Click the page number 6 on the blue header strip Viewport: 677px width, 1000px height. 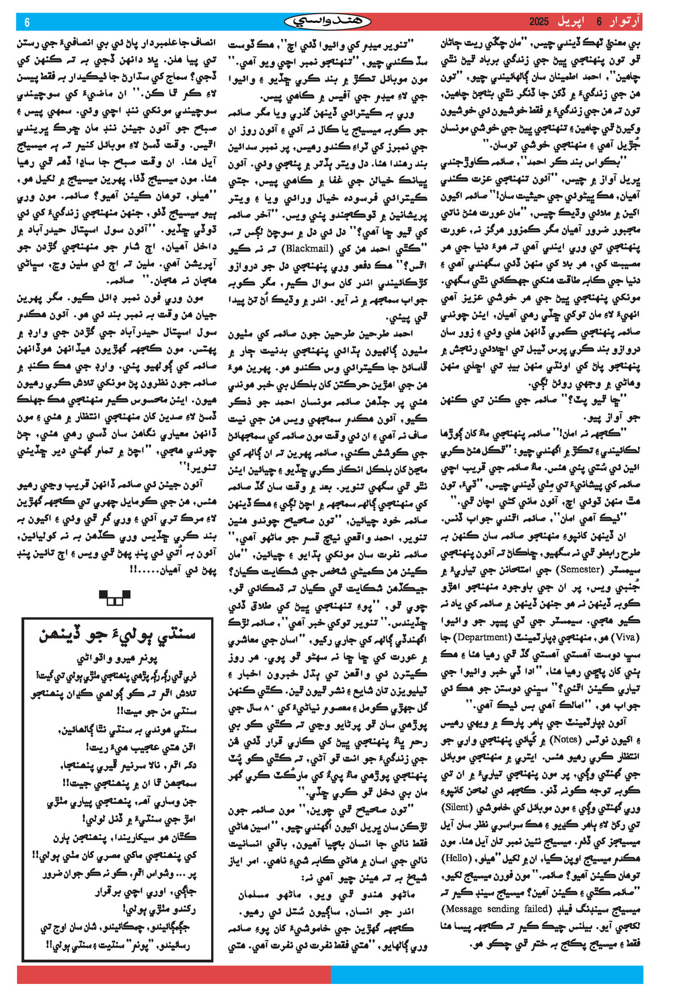point(27,22)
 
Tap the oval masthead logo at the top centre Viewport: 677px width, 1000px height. point(328,22)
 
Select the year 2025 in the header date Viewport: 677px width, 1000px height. point(539,22)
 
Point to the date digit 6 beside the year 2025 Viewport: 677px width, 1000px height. point(599,22)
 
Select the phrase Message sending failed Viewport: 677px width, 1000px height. point(496,909)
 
